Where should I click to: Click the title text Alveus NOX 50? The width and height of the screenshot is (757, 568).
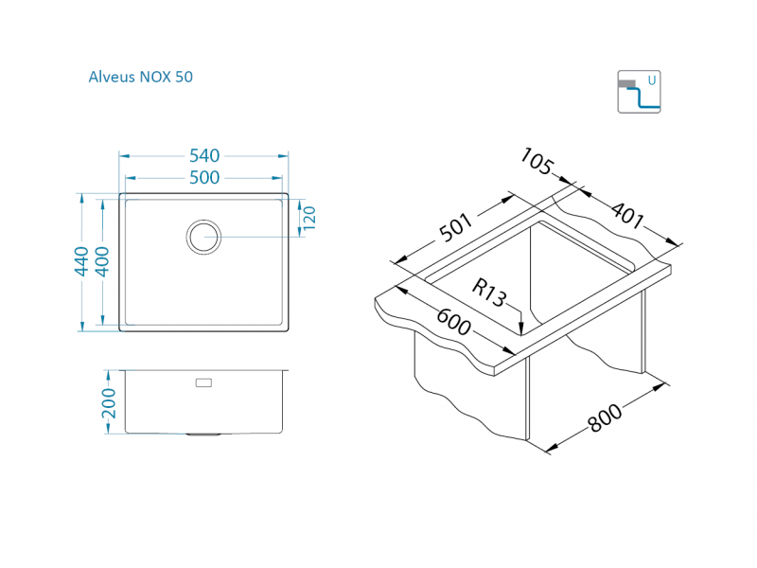(x=140, y=77)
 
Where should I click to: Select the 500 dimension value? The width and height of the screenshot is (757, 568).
(x=203, y=177)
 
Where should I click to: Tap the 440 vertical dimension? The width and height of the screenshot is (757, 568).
(x=82, y=262)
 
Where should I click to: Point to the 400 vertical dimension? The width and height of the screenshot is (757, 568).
(x=102, y=262)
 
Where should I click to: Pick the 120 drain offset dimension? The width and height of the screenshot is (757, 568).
(x=308, y=218)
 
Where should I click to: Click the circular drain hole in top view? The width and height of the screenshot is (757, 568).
(x=203, y=236)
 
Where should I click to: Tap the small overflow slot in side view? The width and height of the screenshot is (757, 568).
(x=203, y=382)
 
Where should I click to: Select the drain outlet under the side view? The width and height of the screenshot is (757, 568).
(x=203, y=435)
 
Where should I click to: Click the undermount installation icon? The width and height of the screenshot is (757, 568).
(x=639, y=91)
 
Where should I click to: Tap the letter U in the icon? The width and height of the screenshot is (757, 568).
(x=651, y=80)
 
